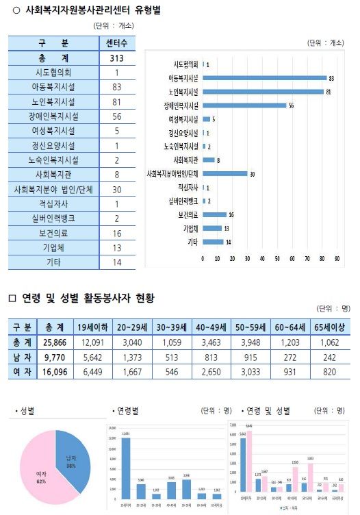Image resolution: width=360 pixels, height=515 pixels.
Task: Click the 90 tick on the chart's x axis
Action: tap(337, 260)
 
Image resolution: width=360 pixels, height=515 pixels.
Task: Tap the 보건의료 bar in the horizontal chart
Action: tap(214, 214)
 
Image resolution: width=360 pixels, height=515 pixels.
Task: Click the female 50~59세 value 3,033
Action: tap(253, 371)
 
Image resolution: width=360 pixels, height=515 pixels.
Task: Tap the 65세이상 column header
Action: tap(330, 327)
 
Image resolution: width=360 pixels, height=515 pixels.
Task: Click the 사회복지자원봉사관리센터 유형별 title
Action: tap(92, 11)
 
